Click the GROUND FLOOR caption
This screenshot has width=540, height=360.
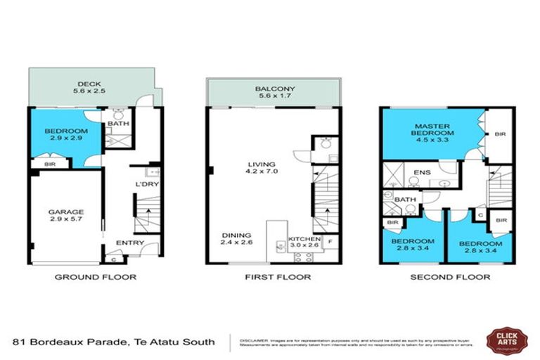click(x=96, y=277)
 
